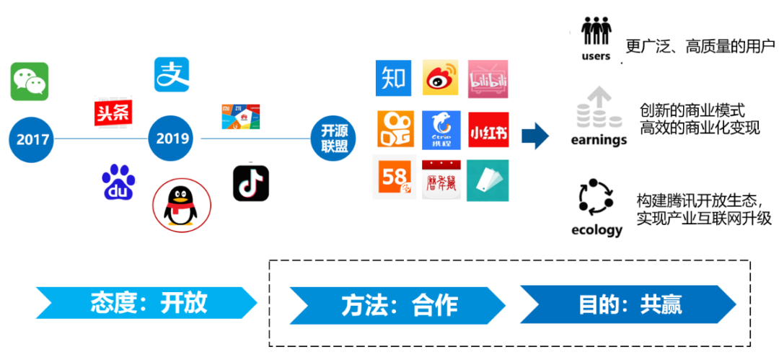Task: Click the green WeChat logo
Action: pyautogui.click(x=30, y=82)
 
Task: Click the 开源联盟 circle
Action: pyautogui.click(x=334, y=137)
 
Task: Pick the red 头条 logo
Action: pyautogui.click(x=113, y=113)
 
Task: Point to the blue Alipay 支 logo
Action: pyautogui.click(x=172, y=74)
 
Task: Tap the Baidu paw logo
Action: pyautogui.click(x=118, y=183)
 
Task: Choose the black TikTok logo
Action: pyautogui.click(x=251, y=183)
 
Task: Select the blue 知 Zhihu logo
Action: pyautogui.click(x=393, y=79)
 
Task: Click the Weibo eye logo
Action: pyautogui.click(x=441, y=79)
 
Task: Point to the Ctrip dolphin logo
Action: pyautogui.click(x=441, y=130)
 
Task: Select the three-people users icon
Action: pyautogui.click(x=596, y=32)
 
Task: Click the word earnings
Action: pyautogui.click(x=599, y=140)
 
